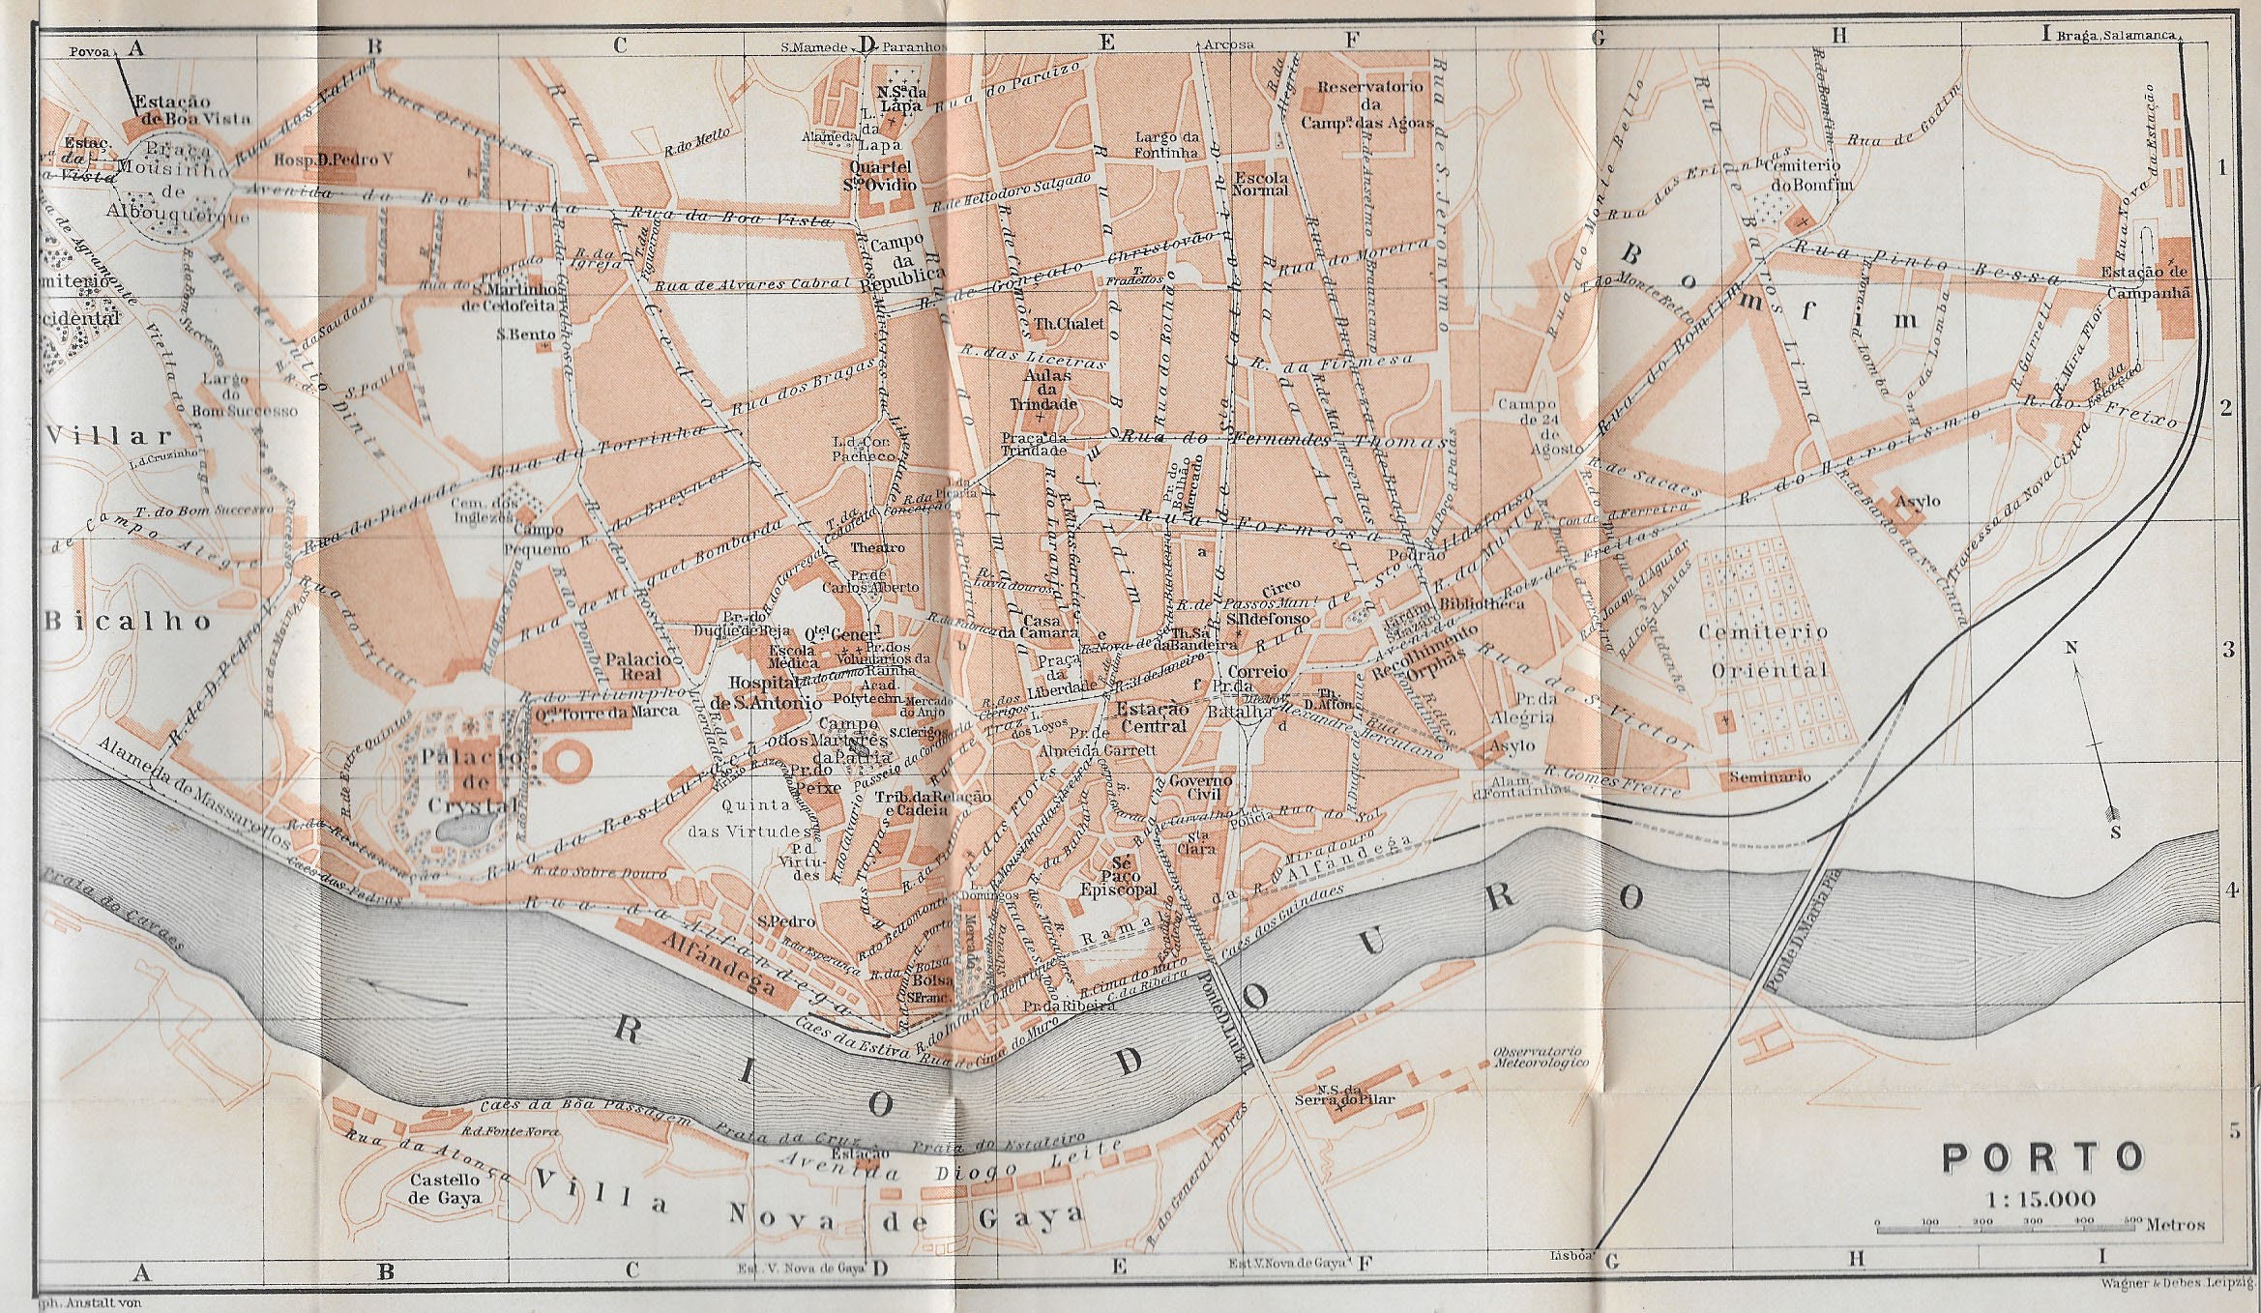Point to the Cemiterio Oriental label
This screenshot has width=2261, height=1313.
click(1768, 651)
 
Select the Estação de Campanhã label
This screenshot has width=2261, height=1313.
click(2143, 280)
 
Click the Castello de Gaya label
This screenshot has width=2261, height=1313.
click(445, 1188)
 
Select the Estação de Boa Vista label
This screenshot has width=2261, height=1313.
click(191, 109)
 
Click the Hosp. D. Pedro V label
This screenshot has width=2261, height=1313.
click(334, 160)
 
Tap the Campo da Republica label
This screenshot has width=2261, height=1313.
click(905, 259)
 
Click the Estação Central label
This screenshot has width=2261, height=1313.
click(1151, 717)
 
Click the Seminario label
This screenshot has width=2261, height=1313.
click(1769, 776)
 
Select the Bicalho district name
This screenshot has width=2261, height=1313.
click(128, 621)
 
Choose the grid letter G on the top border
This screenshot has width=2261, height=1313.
click(1598, 39)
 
